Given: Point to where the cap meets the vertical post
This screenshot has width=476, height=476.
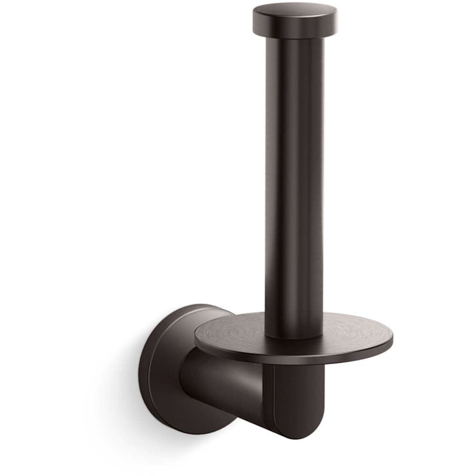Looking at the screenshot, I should [x=294, y=39].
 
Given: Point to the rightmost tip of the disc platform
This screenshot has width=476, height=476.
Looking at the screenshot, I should [x=392, y=339].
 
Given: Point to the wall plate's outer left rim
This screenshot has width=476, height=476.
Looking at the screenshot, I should [x=140, y=367].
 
